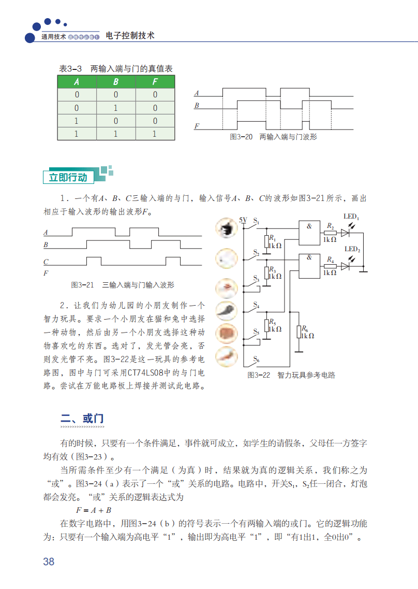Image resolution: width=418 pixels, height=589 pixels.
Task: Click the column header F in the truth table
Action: (155, 82)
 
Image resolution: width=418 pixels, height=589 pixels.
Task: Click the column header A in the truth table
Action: (77, 82)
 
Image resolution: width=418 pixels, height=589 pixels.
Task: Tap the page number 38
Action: (49, 562)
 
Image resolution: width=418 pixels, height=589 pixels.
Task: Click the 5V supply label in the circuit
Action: (243, 220)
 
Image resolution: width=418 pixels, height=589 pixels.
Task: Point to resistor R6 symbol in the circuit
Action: (299, 332)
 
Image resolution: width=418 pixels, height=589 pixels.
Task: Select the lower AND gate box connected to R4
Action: (309, 264)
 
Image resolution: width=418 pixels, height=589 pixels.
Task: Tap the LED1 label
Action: (352, 217)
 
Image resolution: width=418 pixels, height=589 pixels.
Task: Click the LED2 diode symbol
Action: (346, 266)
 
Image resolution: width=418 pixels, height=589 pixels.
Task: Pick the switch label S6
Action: (256, 360)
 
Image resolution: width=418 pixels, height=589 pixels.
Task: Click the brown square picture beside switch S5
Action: (227, 333)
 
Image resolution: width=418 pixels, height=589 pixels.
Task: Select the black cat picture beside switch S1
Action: (227, 229)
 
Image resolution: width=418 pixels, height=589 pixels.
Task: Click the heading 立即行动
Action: (68, 177)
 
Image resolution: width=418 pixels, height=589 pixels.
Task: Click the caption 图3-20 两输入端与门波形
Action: (273, 137)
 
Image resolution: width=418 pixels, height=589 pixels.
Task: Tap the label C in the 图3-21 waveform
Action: (46, 262)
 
